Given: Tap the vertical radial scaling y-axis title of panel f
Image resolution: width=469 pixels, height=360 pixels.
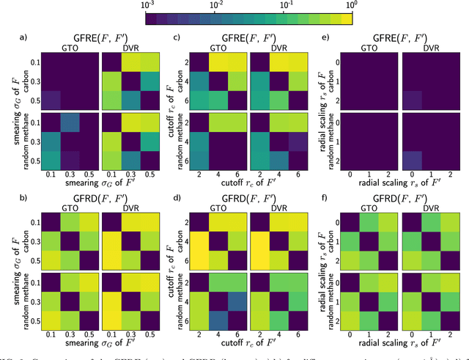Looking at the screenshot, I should coord(317,238).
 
